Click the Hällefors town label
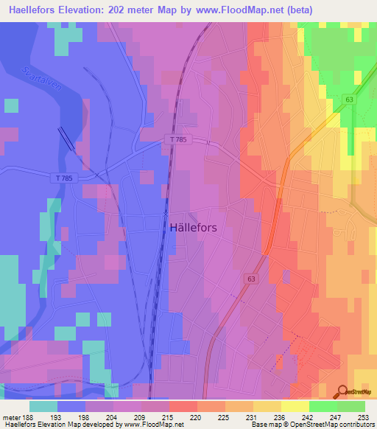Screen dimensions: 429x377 tap(193, 228)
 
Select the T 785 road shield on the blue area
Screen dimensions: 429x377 tap(65, 178)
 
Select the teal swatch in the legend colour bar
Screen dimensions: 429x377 tap(43, 405)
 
